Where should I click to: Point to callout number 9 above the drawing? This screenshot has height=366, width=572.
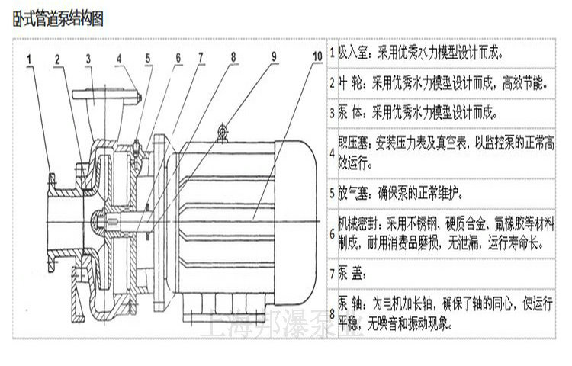coord(272,55)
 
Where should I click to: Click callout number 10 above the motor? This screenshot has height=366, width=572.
coord(317,55)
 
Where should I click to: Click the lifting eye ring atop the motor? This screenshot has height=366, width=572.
coord(223,133)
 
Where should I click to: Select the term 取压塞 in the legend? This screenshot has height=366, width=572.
coord(352,143)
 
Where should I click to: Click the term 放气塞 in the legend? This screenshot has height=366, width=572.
coord(353,191)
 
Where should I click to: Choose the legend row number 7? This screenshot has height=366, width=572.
coord(333,271)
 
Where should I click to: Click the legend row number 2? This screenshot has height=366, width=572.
coord(333,82)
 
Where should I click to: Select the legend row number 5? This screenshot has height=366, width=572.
coord(333,191)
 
